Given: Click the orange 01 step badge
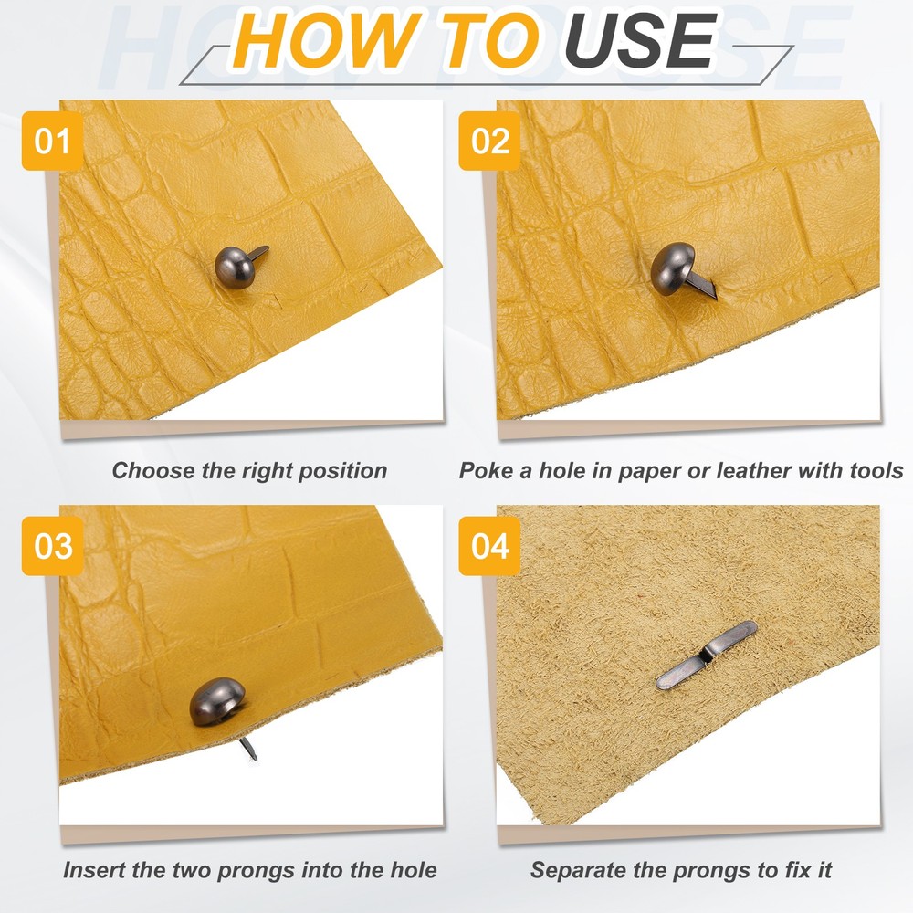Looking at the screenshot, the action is [x=52, y=141].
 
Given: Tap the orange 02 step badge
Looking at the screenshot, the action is [x=489, y=141].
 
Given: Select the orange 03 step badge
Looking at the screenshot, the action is [x=52, y=546].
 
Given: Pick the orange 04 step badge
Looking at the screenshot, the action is [x=489, y=546].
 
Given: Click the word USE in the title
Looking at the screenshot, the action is [x=641, y=40].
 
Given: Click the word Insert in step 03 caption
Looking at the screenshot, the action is [x=94, y=870].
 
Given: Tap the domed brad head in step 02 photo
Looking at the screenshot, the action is [x=673, y=268].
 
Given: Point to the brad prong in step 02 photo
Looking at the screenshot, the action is [x=701, y=288].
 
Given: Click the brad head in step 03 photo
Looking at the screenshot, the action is [x=217, y=701].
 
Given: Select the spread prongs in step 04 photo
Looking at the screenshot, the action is [x=707, y=655].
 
